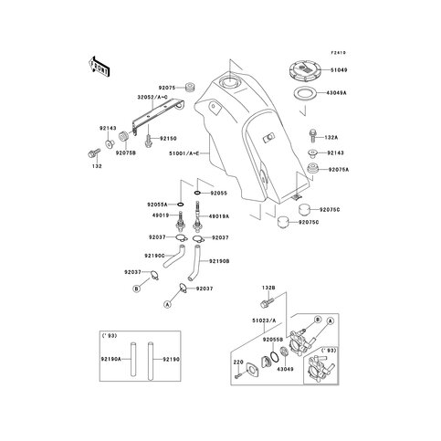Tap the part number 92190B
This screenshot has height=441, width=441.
point(220,261)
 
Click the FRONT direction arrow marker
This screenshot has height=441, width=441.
point(99,66)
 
